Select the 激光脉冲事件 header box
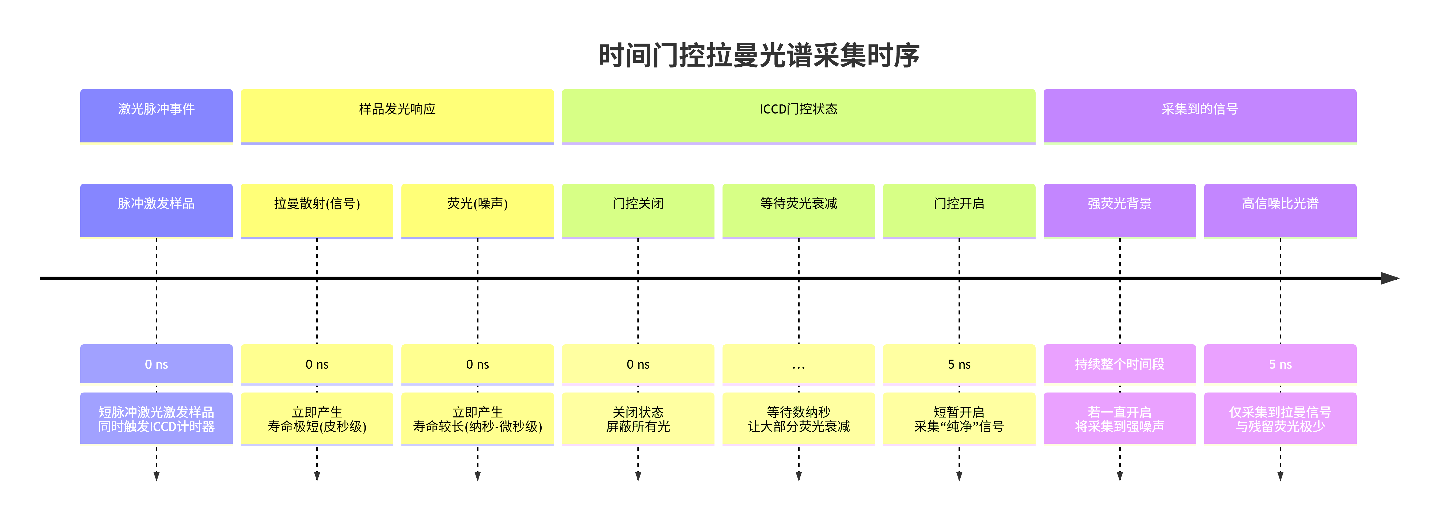coord(156,116)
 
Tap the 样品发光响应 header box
coord(397,116)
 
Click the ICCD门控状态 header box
coord(798,116)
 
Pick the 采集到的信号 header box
coord(1200,116)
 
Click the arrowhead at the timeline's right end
coord(1390,278)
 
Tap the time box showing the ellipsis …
coord(798,364)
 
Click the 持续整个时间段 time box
coord(1120,364)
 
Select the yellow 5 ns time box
coord(959,364)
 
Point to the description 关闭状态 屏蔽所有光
coord(638,419)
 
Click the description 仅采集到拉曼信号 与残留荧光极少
coord(1280,419)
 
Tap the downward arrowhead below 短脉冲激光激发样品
coord(156,476)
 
